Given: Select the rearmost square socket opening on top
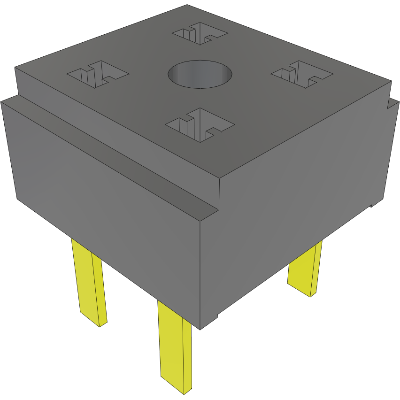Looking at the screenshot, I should tap(200, 33).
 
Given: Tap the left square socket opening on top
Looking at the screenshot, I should tap(98, 74).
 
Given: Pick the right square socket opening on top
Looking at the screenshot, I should tap(302, 74).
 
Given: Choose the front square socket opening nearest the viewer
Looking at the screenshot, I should tap(200, 125).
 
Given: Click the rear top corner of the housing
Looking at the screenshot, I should tap(187, 5).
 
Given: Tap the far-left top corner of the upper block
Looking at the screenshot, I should tap(15, 68).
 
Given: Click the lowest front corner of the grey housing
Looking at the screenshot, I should tap(200, 329).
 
